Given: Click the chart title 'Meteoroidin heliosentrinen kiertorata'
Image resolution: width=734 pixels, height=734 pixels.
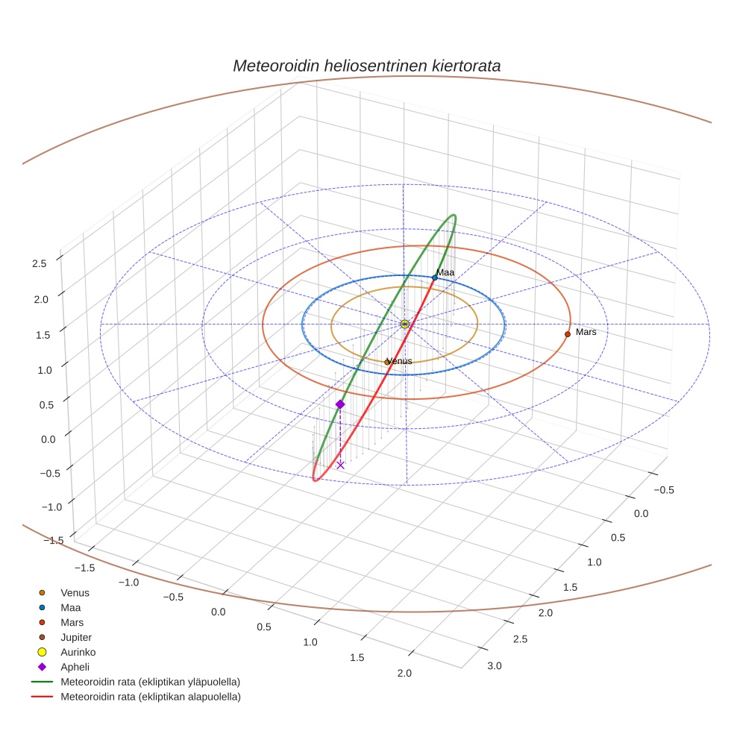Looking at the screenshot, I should click(366, 66).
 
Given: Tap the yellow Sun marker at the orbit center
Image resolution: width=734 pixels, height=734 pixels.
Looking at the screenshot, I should click(404, 324).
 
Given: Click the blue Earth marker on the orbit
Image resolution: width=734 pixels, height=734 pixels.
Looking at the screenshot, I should click(435, 277).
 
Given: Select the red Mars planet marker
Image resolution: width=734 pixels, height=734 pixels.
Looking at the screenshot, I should click(568, 334).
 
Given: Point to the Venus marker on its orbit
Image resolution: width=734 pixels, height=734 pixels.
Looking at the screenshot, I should click(387, 362).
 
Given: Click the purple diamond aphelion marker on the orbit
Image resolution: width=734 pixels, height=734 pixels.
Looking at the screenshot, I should click(340, 404).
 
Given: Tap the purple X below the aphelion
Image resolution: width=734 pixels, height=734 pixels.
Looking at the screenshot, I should click(340, 465).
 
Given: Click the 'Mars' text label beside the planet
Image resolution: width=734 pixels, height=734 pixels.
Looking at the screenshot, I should click(586, 332).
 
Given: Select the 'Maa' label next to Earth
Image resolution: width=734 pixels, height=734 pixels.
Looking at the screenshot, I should click(445, 273).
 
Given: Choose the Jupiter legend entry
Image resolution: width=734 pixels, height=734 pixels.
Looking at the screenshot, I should click(75, 637).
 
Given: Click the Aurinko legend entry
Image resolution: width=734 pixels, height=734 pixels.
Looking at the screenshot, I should click(78, 652).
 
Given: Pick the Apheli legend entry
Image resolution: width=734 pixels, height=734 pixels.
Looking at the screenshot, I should click(75, 667).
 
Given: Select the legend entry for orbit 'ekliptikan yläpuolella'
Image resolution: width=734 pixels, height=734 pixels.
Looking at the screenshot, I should click(149, 682).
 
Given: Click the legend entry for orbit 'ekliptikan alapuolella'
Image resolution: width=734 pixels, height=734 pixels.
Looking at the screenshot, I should click(150, 697).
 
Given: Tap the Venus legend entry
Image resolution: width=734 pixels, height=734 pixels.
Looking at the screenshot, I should click(75, 593).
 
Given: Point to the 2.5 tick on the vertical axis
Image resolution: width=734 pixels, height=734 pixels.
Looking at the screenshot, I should click(39, 263).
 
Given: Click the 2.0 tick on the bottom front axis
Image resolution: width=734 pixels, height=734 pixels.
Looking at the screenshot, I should click(404, 674).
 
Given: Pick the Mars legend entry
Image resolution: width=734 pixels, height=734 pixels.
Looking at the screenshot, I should click(72, 622).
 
